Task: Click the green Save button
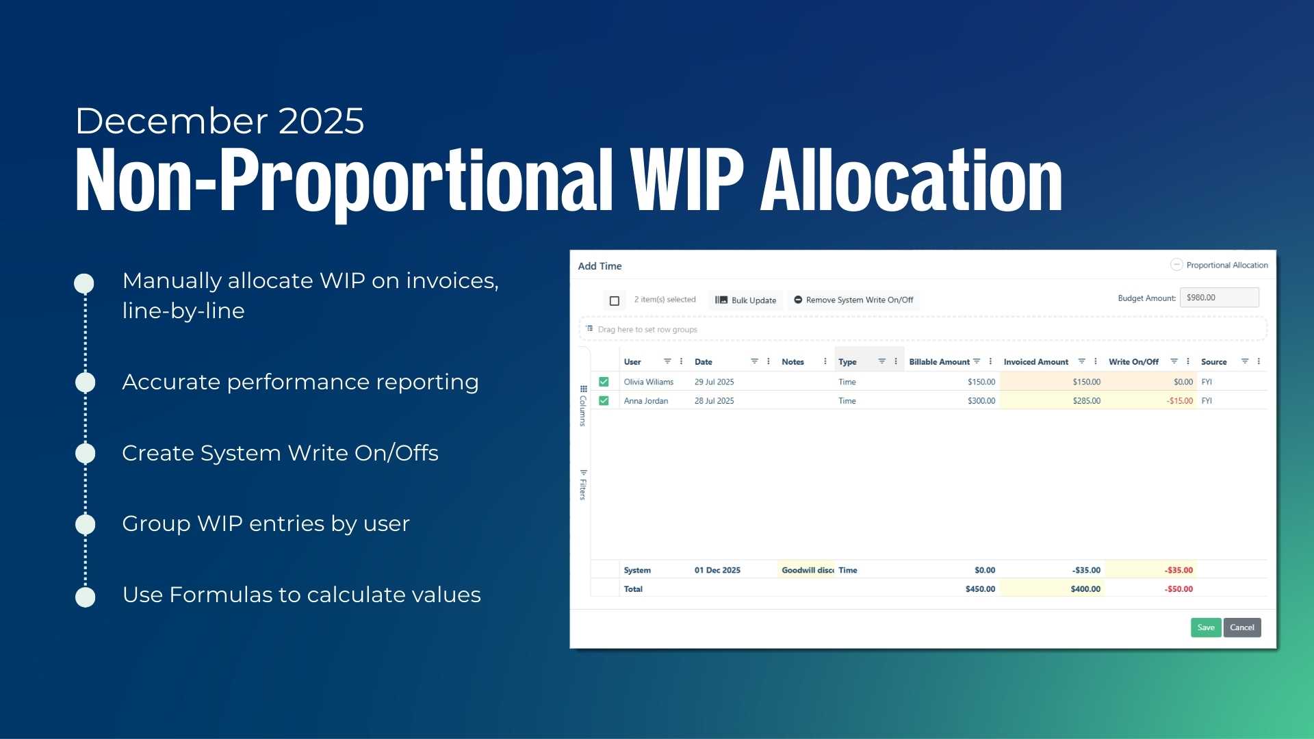click(x=1206, y=627)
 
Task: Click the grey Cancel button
click(x=1242, y=627)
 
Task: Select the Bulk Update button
click(x=746, y=300)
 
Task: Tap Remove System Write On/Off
click(x=853, y=300)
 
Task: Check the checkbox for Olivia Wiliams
click(x=604, y=382)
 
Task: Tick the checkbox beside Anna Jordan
click(x=604, y=401)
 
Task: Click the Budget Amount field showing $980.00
click(x=1220, y=298)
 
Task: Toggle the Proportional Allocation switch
click(x=1176, y=265)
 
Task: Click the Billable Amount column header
click(x=939, y=362)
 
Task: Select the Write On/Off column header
click(x=1133, y=362)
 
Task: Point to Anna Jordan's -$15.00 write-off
click(x=1180, y=401)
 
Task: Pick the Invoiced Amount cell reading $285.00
click(x=1087, y=401)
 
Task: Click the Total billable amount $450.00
click(x=980, y=589)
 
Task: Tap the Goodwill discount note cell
click(x=808, y=570)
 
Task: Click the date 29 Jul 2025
click(x=714, y=382)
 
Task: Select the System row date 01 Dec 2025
click(x=717, y=570)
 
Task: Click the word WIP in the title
click(x=687, y=181)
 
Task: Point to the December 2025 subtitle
click(x=220, y=121)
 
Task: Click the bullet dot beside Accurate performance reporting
click(x=86, y=383)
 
